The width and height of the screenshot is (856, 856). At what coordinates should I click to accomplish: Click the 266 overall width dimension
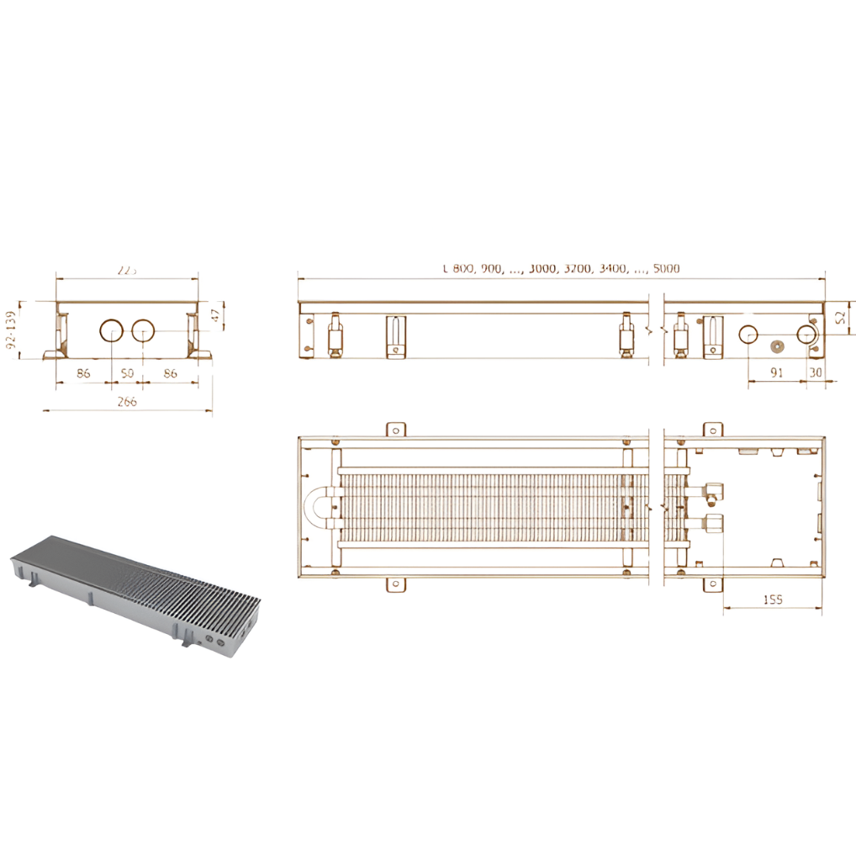click(x=126, y=402)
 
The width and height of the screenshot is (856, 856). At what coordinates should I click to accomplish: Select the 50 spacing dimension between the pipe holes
click(x=127, y=373)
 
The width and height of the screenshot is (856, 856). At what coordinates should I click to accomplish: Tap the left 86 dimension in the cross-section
click(x=83, y=373)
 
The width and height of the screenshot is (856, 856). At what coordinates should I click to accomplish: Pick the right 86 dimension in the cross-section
click(x=170, y=373)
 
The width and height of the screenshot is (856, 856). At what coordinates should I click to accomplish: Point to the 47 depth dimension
click(x=215, y=315)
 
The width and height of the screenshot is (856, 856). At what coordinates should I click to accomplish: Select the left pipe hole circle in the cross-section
click(x=111, y=330)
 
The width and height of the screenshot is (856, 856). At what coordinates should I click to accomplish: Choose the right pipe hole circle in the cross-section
click(x=143, y=330)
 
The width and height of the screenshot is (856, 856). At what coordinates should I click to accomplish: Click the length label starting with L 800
click(x=561, y=269)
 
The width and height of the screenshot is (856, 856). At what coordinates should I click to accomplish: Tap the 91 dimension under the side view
click(x=776, y=372)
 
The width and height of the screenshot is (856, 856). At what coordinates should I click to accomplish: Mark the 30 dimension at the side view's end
click(x=813, y=372)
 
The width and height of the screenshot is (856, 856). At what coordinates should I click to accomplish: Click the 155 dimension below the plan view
click(x=774, y=599)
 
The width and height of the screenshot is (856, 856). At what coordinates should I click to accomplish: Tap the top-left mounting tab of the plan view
click(x=395, y=430)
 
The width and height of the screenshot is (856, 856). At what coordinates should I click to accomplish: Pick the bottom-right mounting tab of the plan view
click(x=712, y=584)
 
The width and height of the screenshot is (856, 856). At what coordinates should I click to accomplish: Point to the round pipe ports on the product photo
click(x=214, y=642)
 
